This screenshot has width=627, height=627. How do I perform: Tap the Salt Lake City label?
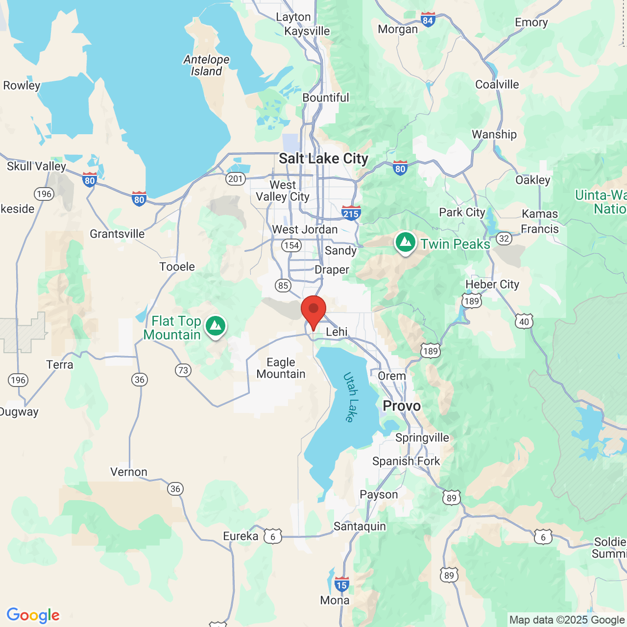(323, 159)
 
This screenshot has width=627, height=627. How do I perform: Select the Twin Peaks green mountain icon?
(406, 242)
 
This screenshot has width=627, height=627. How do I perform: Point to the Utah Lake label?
(351, 397)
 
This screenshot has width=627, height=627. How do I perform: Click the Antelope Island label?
(206, 65)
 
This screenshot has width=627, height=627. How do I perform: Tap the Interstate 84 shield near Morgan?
(428, 20)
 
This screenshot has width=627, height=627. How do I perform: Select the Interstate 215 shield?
(351, 213)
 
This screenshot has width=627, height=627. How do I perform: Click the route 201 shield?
(235, 179)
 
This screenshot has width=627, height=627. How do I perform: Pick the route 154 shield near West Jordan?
(291, 245)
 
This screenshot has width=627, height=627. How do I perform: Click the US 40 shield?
(524, 322)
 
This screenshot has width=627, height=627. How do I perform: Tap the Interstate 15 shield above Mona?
(341, 584)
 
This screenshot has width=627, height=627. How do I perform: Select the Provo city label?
(402, 406)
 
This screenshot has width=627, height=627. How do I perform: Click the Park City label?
(462, 213)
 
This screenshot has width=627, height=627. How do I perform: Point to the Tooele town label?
(177, 267)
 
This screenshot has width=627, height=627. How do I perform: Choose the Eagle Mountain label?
(281, 368)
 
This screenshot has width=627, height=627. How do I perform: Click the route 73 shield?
(183, 370)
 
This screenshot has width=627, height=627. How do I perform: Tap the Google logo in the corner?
(33, 615)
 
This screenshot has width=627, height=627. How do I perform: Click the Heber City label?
(492, 285)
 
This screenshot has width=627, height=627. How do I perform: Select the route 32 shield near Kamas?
(504, 239)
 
